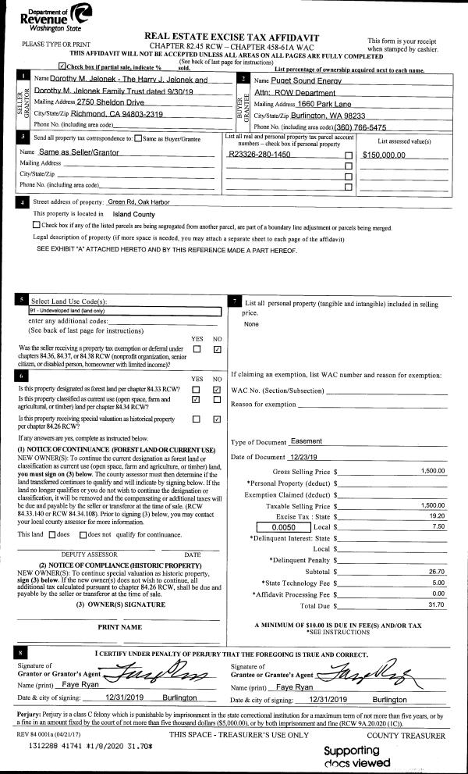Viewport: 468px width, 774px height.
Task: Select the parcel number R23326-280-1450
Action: [261, 155]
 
